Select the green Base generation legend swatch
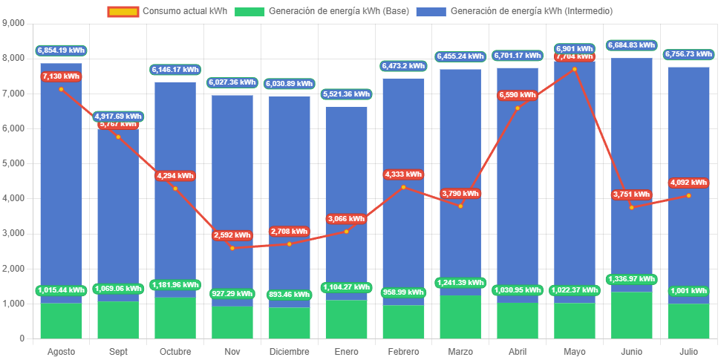coord(249,11)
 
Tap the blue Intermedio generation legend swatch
coord(431,11)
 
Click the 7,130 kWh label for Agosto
coord(61,76)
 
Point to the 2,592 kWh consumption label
coord(232,235)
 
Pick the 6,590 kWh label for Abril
coord(518,95)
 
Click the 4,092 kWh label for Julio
coord(689,183)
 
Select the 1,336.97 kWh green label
coord(632,279)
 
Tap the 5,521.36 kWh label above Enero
coord(347,94)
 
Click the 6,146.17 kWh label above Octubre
coord(175,69)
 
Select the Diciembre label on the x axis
coord(289,351)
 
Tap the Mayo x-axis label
coord(575,351)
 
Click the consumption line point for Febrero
coord(403,187)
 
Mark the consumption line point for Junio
coord(632,207)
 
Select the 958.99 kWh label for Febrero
coord(403,293)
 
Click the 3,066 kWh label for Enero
coord(346,219)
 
